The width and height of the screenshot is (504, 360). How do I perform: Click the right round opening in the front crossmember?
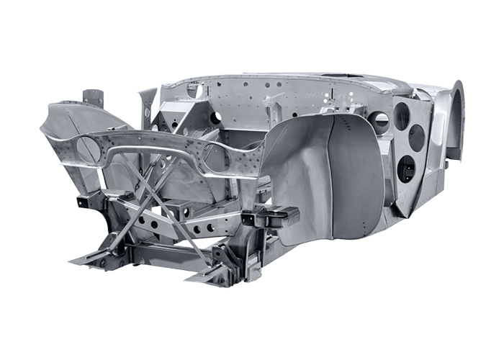[214, 156]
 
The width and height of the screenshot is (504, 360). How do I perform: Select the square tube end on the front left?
[87, 201]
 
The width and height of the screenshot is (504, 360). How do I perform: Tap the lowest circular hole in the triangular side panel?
[406, 168]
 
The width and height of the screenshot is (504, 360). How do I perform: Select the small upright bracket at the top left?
[93, 98]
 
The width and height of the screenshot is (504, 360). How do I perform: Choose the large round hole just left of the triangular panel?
[379, 122]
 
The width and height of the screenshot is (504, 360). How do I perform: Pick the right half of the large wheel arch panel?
[356, 180]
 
